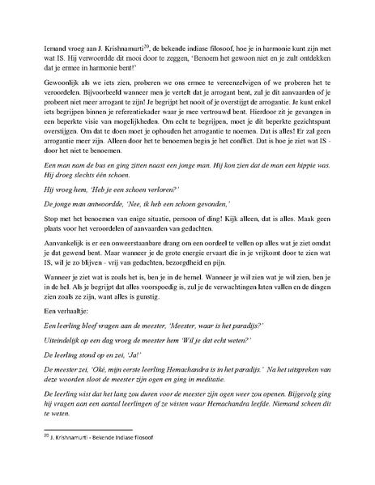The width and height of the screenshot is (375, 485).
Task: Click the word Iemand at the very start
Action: click(x=54, y=50)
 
